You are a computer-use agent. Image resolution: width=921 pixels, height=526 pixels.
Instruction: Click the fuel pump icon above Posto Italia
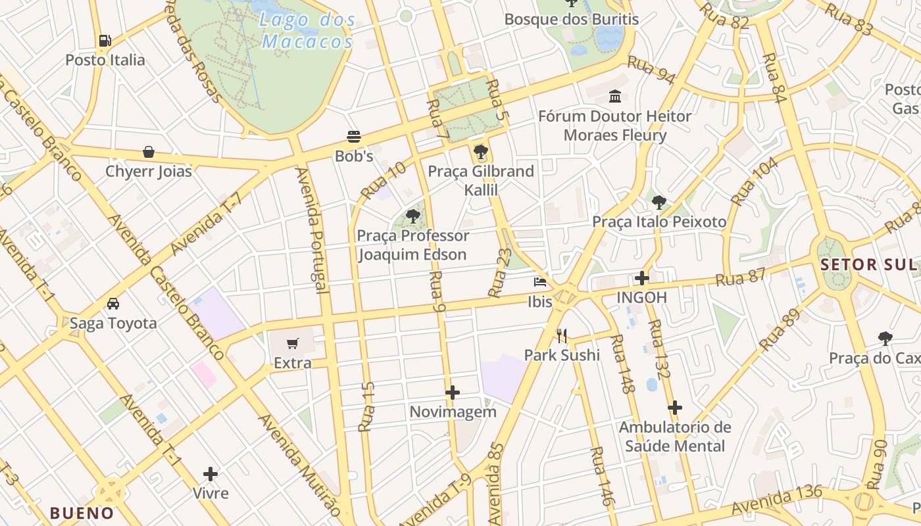(105, 41)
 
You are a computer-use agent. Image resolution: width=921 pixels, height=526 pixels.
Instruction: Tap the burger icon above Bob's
(354, 137)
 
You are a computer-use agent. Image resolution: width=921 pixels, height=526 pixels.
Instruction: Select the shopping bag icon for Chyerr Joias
(149, 152)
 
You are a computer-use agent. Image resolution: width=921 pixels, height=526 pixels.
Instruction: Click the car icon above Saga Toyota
(113, 304)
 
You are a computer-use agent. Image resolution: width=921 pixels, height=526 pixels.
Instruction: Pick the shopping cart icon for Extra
(293, 343)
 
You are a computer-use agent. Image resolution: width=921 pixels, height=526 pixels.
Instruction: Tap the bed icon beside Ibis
(540, 282)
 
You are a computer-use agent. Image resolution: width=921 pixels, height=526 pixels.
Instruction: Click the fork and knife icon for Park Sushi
(562, 336)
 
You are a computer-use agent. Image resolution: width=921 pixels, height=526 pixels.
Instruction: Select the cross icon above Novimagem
(453, 393)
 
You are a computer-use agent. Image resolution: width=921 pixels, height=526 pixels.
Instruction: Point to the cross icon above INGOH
(642, 278)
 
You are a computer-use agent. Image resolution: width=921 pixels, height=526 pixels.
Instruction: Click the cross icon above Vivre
(211, 474)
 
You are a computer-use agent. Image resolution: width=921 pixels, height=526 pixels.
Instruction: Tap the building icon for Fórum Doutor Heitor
(615, 97)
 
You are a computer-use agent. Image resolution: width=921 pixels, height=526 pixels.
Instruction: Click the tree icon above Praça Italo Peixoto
(659, 202)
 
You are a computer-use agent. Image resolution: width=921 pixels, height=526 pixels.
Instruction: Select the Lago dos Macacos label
(308, 31)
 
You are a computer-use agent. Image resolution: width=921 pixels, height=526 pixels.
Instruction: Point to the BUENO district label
(82, 513)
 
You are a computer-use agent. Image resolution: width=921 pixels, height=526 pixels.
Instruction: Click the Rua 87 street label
(741, 277)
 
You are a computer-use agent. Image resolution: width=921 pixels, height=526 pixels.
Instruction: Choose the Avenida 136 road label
(776, 500)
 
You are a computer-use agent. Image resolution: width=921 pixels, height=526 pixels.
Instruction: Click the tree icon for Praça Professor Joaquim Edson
(413, 216)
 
